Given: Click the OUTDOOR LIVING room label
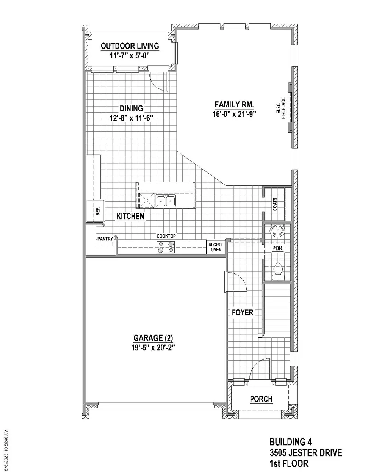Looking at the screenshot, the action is [130, 46].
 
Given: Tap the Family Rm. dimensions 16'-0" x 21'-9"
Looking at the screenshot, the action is [234, 114].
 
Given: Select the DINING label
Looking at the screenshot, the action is [131, 108].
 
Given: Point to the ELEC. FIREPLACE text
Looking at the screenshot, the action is [281, 108].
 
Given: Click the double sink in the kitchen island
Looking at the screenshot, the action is [166, 200].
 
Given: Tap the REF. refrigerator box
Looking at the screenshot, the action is [96, 211].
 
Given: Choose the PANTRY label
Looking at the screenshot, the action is [105, 239].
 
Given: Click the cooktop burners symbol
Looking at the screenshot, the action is [166, 247].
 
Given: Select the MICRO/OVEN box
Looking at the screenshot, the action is [216, 247].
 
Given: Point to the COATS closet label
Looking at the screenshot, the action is [275, 204].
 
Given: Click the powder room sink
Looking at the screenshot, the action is [277, 231].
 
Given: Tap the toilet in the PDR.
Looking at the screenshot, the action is [278, 271].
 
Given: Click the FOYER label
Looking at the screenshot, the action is [243, 312].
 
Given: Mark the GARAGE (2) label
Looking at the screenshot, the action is [153, 338].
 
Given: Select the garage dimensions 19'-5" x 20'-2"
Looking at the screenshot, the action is [153, 348].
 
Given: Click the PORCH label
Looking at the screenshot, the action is [261, 399].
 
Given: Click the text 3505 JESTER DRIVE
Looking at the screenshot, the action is [306, 453].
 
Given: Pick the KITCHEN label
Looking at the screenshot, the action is [130, 216].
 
